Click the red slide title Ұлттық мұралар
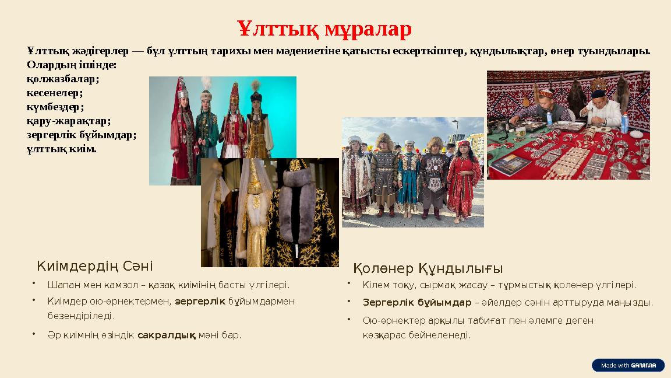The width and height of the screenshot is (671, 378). pos(324,28)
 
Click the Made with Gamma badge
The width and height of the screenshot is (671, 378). pos(628,365)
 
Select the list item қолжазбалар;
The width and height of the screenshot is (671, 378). pos(63,78)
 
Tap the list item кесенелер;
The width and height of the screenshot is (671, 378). pos(55,92)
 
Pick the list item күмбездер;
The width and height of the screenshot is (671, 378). pos(55,107)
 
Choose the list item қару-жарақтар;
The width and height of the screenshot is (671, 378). pos(69,121)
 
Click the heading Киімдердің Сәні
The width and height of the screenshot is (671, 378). pos(95,266)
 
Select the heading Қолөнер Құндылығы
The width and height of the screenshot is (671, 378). pos(428,268)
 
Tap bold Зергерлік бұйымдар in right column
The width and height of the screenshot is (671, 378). pos(417,303)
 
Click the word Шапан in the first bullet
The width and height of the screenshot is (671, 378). pos(62,285)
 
